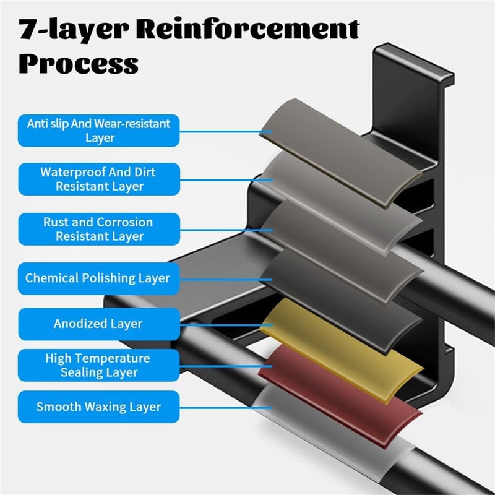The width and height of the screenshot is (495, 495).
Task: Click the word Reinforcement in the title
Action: (x=248, y=28)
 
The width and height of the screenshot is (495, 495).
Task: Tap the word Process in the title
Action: (x=79, y=63)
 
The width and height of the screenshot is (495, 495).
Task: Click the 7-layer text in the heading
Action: (x=74, y=29)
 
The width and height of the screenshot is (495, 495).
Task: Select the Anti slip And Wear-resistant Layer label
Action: (x=99, y=131)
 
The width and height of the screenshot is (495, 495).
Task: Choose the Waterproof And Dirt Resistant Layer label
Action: (x=99, y=179)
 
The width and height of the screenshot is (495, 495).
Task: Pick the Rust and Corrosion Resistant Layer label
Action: (x=99, y=229)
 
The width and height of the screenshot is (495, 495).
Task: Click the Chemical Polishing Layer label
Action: (x=99, y=278)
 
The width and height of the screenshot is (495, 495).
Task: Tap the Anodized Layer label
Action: (x=99, y=324)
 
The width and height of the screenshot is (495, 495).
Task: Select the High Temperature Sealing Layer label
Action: (x=99, y=365)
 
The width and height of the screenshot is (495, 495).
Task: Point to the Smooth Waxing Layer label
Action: (x=99, y=407)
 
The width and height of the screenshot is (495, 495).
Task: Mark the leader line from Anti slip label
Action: (x=226, y=132)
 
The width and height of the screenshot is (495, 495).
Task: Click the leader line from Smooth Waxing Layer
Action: (x=226, y=408)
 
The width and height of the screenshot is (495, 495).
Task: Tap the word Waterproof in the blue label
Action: (x=74, y=173)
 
